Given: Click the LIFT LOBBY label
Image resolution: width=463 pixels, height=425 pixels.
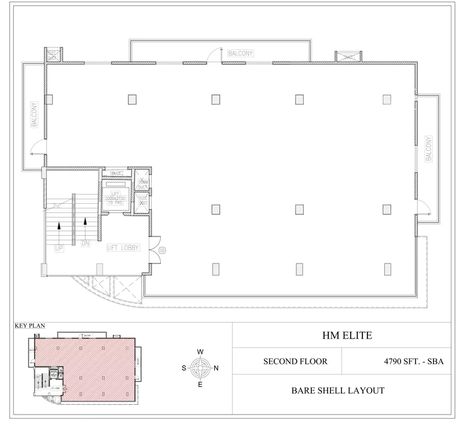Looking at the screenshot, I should tap(123, 247).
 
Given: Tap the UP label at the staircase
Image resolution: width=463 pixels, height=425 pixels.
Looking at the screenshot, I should tap(58, 248).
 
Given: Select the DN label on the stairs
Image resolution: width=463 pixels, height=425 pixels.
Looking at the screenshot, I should tap(85, 244).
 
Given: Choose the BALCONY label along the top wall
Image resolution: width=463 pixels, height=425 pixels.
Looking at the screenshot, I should tap(241, 53).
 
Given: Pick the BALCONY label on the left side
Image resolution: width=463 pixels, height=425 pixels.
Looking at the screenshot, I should tap(35, 115).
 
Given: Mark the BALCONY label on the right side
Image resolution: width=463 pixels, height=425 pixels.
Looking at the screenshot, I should tap(429, 149).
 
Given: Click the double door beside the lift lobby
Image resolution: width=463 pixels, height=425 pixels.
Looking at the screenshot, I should tap(155, 248).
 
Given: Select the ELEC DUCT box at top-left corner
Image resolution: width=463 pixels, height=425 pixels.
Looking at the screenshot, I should tap(52, 55).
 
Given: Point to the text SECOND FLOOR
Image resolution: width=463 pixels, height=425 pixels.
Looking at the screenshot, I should tap(295, 361).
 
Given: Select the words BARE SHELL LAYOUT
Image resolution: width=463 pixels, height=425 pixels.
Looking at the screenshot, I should tap(339, 390).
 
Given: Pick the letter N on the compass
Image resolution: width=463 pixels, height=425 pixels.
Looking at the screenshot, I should tap(216, 368).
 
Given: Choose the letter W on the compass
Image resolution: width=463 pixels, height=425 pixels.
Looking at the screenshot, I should tap(200, 351).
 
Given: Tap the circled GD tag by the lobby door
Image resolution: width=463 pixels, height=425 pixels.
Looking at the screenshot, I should tap(162, 250).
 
